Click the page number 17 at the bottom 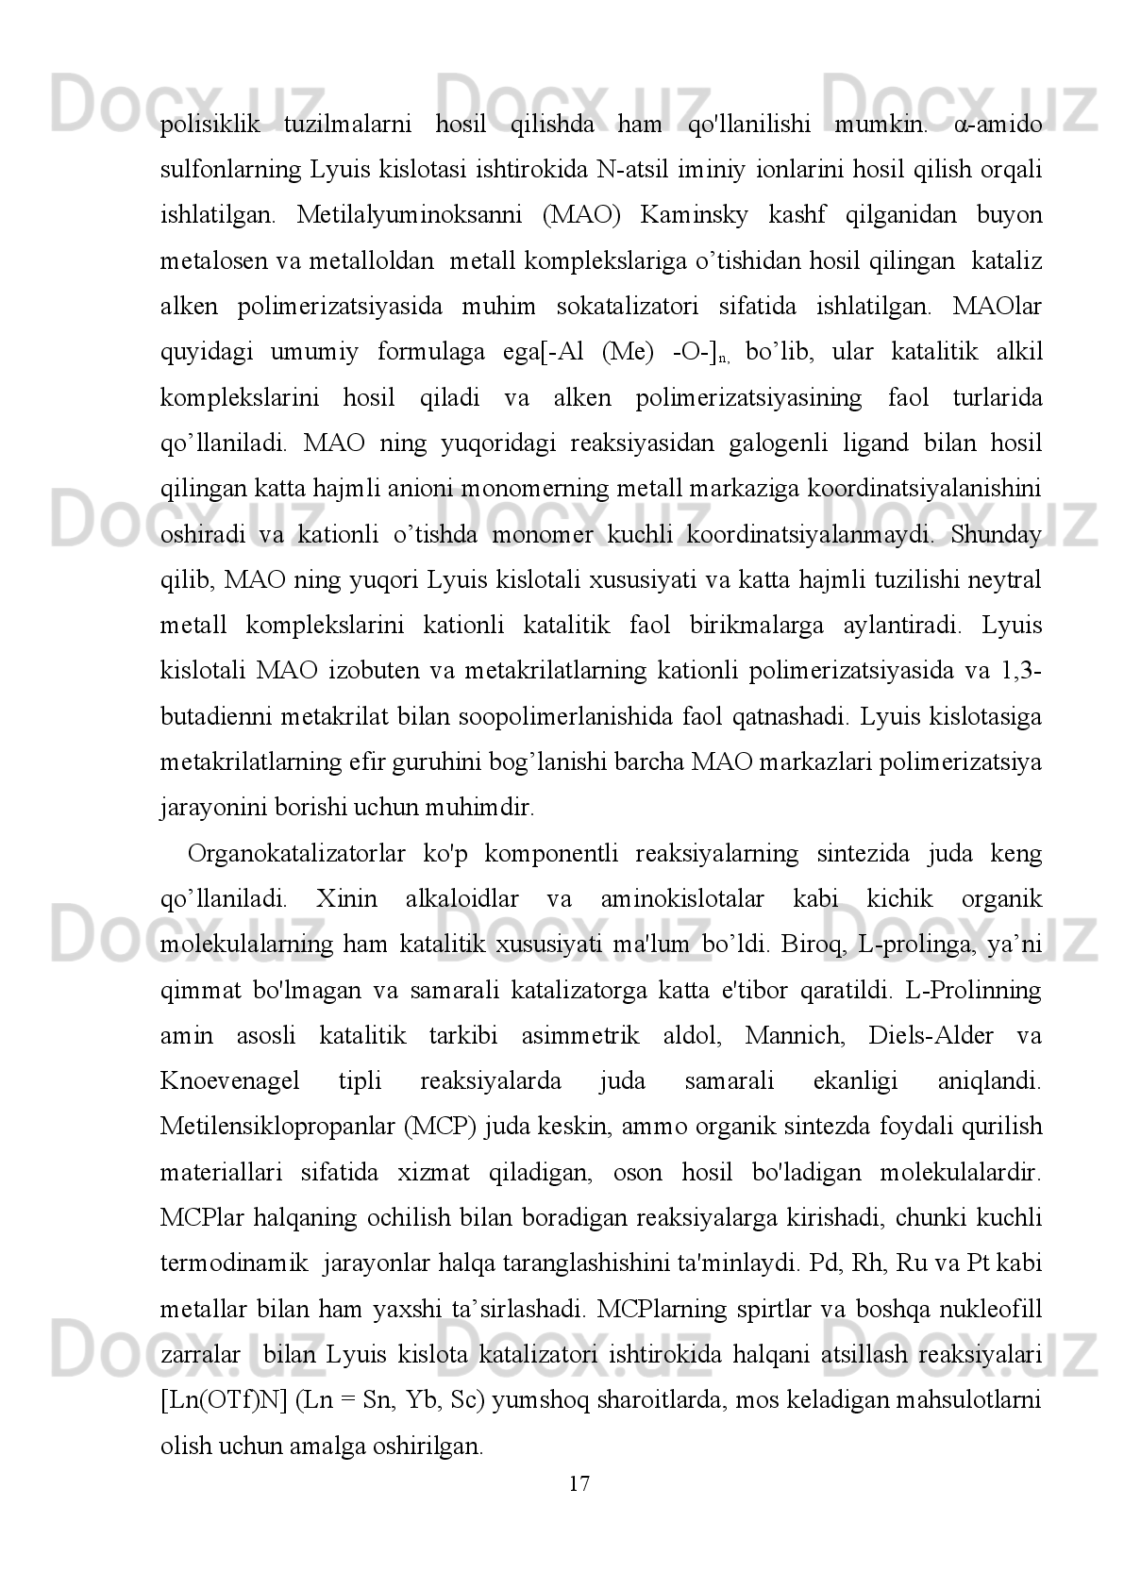579,1483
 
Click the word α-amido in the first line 998,124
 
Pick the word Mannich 786,1036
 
